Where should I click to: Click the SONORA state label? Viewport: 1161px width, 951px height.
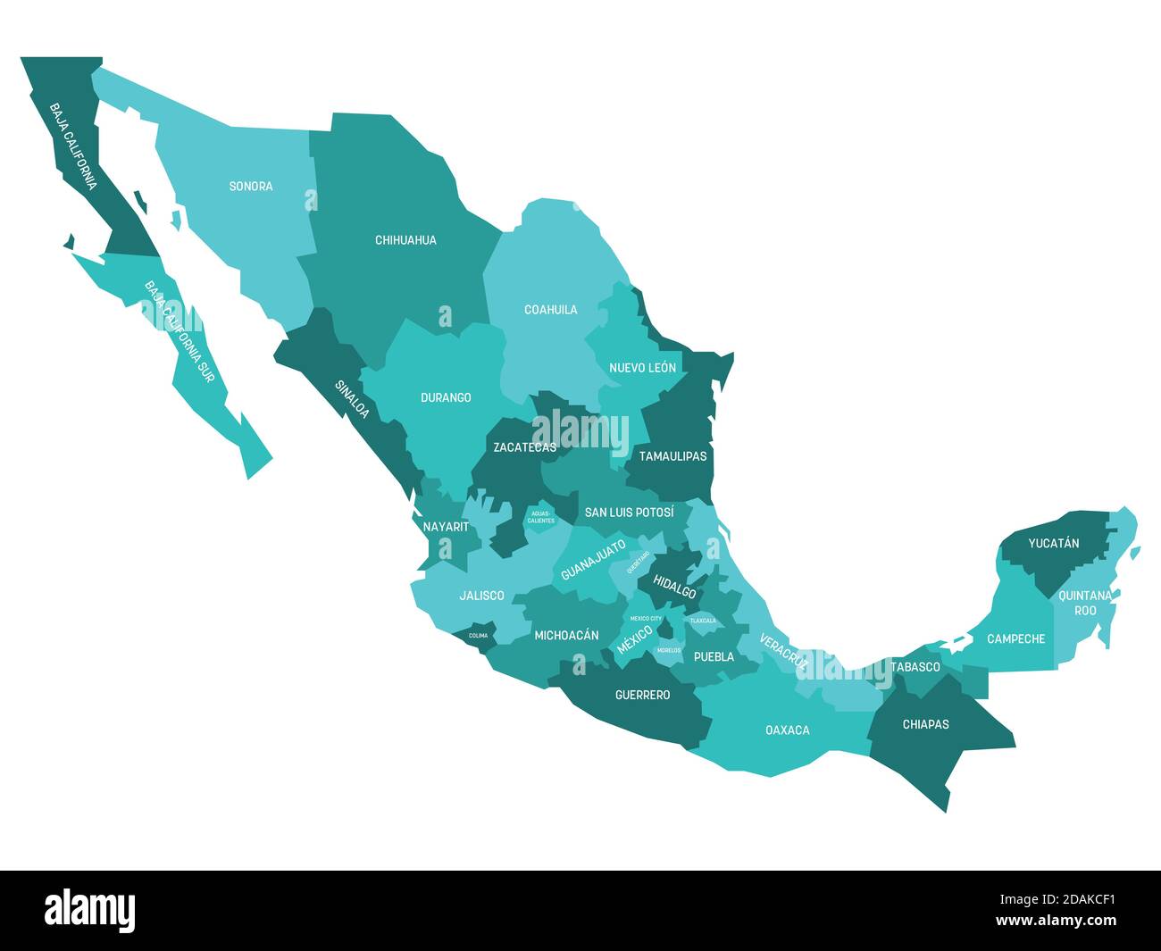(251, 187)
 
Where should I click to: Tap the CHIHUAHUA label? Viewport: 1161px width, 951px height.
(405, 240)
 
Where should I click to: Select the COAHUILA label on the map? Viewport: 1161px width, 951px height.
(550, 310)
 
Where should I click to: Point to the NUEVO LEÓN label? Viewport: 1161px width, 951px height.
(642, 368)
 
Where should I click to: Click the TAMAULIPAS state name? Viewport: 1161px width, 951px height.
(672, 456)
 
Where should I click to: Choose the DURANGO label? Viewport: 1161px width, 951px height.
(446, 397)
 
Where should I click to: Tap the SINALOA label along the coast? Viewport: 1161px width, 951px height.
(352, 399)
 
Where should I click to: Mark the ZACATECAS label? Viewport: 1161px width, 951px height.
(525, 447)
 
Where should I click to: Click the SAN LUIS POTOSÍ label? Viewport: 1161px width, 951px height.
(630, 513)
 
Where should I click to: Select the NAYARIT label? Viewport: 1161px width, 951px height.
(446, 527)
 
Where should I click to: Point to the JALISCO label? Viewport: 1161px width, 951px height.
(481, 596)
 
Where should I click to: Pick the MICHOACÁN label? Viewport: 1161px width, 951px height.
(566, 636)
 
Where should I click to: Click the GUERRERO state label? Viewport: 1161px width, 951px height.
(642, 695)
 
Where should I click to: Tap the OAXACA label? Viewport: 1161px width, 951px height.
(788, 730)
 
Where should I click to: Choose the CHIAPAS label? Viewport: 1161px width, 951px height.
(925, 724)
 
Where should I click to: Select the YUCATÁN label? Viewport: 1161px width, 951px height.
(1054, 543)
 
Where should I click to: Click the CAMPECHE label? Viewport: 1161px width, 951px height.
(1015, 639)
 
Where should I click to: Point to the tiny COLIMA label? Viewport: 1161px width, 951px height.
(479, 636)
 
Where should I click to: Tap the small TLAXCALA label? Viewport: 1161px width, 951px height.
(703, 621)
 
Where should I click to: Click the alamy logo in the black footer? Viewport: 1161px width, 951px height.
(89, 911)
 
